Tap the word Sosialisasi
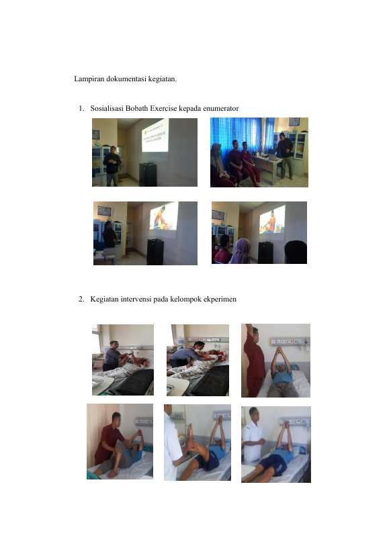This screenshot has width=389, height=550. point(107,108)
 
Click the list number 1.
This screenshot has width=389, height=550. point(81,108)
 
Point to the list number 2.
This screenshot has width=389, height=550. point(81,300)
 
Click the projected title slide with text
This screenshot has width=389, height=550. point(155,136)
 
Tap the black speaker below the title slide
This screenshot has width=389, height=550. point(148,175)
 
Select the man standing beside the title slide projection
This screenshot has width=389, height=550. point(112,166)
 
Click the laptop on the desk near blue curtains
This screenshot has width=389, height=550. point(273,156)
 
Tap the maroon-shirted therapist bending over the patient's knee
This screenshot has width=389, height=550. point(110,438)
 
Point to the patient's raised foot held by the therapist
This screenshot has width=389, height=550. point(189,434)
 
